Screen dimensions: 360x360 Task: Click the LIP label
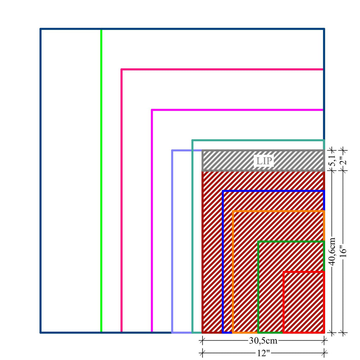tap(264, 161)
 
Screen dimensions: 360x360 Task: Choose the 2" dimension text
tap(344, 160)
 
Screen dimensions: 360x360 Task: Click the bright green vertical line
tap(101, 176)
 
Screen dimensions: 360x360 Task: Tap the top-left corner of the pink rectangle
tap(122, 70)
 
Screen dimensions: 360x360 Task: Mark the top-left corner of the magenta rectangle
tap(152, 110)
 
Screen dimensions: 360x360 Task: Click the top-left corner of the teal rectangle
tap(192, 140)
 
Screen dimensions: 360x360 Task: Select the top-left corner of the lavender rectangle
tap(172, 150)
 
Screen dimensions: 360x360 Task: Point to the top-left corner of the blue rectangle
tap(223, 191)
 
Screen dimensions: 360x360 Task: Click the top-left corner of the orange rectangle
tap(233, 211)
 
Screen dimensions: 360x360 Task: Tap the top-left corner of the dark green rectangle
tap(258, 242)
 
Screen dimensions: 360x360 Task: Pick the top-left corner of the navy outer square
tap(40, 29)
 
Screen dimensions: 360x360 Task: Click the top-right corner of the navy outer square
tap(324, 29)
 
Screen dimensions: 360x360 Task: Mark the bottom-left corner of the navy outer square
tap(40, 332)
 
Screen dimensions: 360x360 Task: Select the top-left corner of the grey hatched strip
tap(202, 151)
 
